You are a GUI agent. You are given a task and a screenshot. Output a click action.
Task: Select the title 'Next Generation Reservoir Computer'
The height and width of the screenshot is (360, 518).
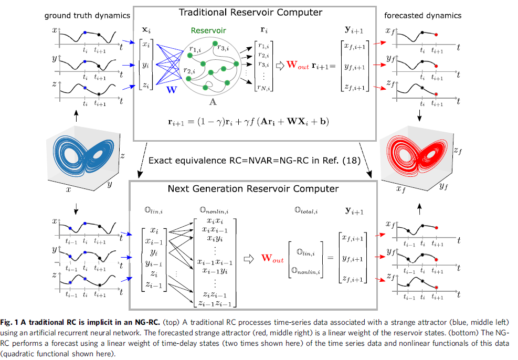[253, 188]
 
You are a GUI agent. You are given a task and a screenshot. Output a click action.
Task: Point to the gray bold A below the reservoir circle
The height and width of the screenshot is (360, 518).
[213, 102]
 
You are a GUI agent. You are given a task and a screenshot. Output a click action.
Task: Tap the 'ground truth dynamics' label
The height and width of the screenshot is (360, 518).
[87, 16]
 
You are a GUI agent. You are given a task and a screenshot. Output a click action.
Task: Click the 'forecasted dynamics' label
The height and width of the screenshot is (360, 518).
[422, 16]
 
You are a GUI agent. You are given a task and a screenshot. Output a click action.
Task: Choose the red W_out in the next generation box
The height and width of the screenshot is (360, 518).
[272, 259]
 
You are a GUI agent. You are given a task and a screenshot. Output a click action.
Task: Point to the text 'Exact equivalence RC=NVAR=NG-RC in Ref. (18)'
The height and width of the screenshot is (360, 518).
[254, 160]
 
